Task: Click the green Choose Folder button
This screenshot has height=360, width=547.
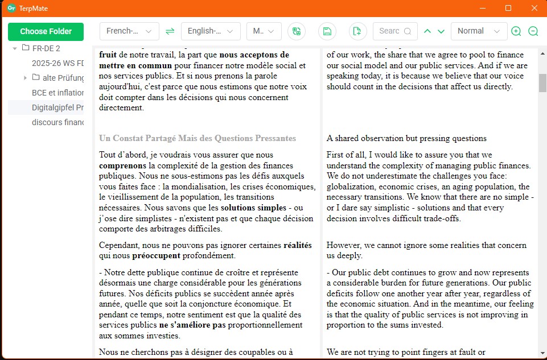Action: click(46, 31)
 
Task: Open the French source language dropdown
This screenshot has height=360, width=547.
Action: click(129, 31)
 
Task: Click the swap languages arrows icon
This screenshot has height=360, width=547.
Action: click(170, 31)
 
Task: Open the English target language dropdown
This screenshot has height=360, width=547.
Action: click(211, 31)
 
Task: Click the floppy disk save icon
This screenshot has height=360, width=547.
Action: click(327, 31)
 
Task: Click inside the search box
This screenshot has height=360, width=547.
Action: click(390, 31)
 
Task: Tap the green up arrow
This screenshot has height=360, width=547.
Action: click(427, 31)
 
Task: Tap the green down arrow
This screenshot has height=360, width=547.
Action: click(441, 31)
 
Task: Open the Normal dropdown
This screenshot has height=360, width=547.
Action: click(478, 31)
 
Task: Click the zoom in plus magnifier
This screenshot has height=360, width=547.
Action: click(516, 31)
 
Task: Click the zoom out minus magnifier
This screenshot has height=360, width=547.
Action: click(533, 31)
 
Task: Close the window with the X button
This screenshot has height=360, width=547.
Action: click(534, 8)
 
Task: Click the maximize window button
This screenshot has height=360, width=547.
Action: click(508, 8)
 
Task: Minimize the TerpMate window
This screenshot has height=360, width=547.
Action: click(483, 8)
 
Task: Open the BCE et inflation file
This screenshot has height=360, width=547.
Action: click(57, 92)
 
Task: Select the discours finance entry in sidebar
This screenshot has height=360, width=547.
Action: click(57, 122)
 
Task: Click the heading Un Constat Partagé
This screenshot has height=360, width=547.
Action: click(197, 138)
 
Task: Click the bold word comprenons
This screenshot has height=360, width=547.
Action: click(122, 165)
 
